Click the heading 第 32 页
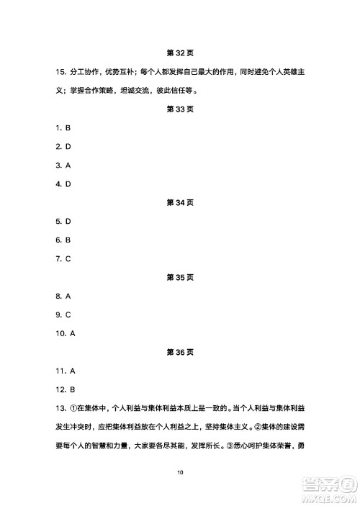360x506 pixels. coord(180,53)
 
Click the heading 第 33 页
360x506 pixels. coord(180,109)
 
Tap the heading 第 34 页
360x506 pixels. coord(180,203)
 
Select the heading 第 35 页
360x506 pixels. coord(180,277)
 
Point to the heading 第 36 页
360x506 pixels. coord(180,352)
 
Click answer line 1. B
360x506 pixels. coord(63,128)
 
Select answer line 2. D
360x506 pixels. coord(63,147)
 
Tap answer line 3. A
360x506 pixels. coord(63,166)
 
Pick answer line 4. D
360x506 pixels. coord(63,184)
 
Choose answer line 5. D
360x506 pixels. coord(63,222)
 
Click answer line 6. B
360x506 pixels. coord(63,240)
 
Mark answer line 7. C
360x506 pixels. coord(63,259)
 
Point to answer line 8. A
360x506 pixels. coord(63,296)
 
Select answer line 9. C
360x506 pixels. coord(63,315)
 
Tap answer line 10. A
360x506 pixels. coord(65,333)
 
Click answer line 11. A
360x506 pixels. coord(65,371)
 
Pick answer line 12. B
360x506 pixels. coord(65,389)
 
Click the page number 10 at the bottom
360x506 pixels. coord(180,472)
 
